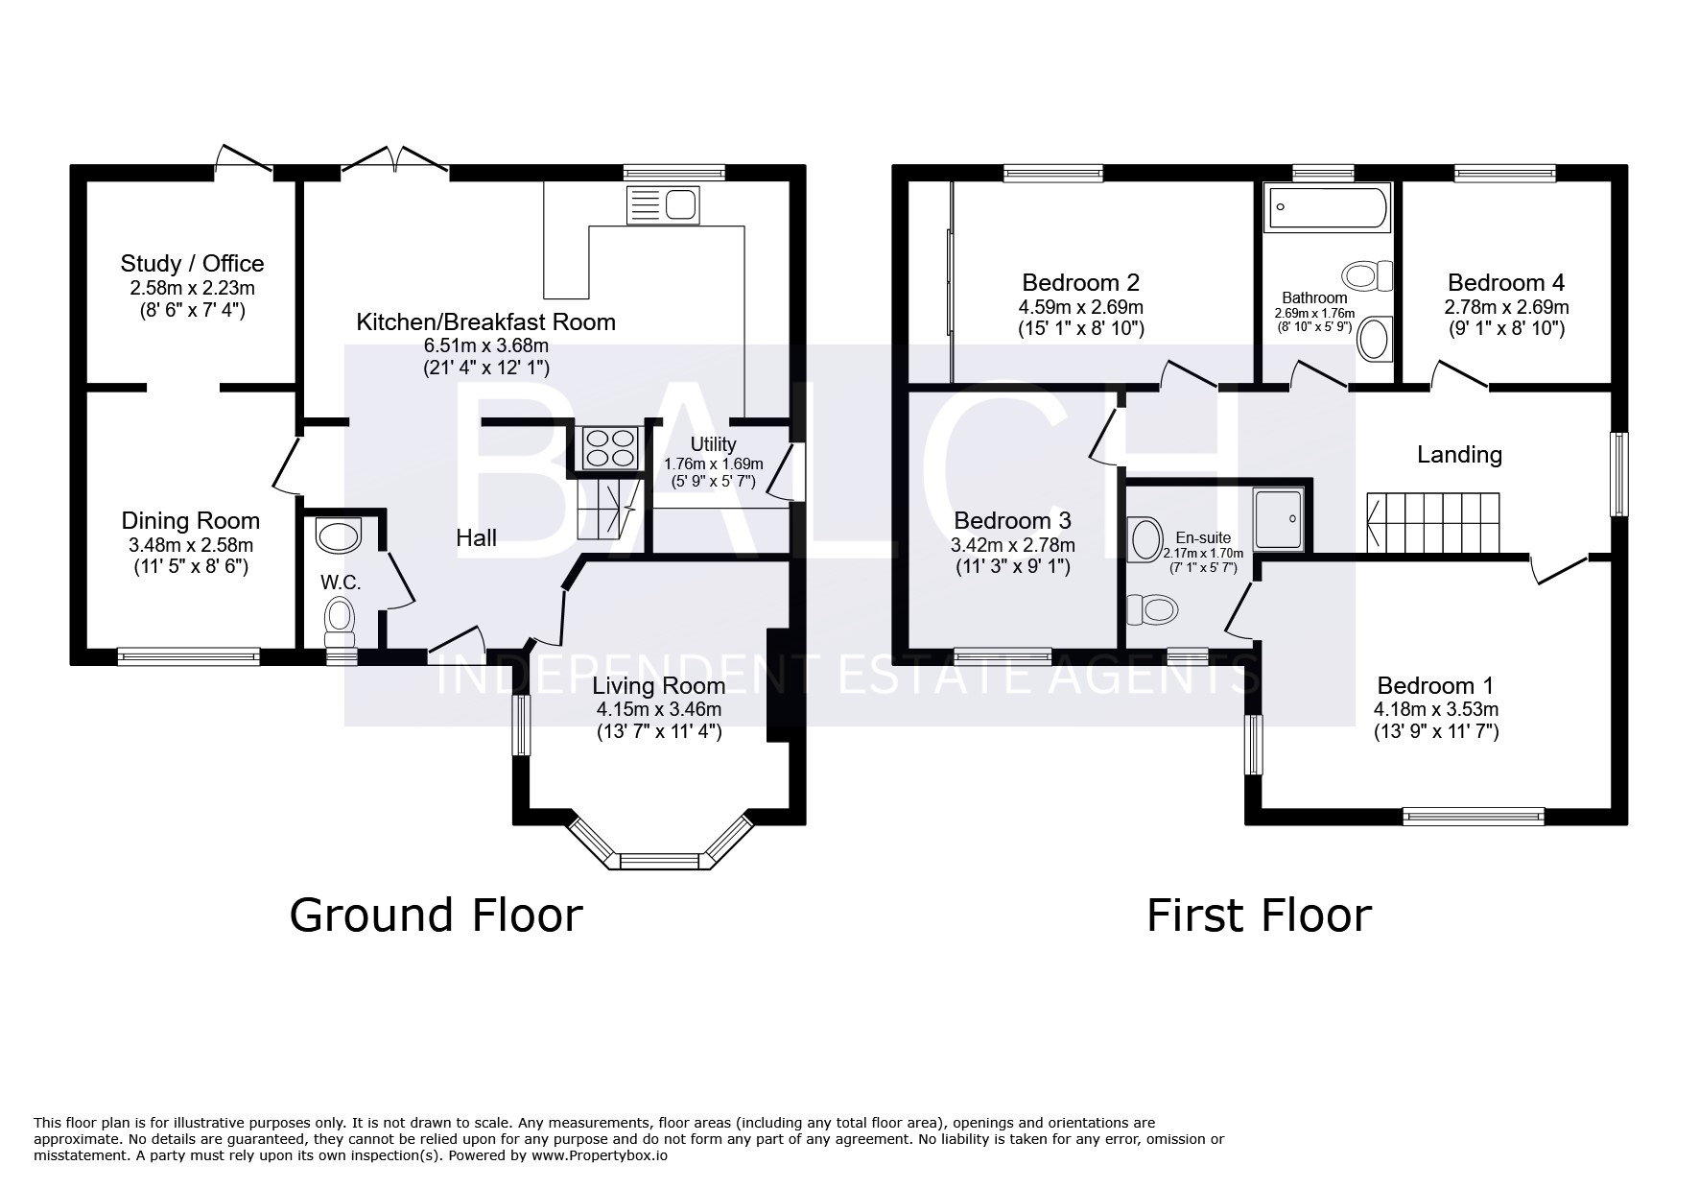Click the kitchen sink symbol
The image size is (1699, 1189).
(662, 204)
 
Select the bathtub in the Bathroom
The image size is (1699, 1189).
(1328, 208)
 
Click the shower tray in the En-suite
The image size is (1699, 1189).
(1279, 518)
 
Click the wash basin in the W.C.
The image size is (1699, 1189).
(338, 533)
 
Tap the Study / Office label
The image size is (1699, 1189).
(192, 263)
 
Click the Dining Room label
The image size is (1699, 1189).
(190, 521)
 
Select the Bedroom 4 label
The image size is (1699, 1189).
(1506, 283)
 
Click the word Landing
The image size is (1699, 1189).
(1459, 454)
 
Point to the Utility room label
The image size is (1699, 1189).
(713, 444)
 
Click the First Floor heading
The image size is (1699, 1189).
(1259, 915)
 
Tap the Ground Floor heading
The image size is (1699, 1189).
(436, 915)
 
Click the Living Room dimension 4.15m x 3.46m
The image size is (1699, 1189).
(658, 710)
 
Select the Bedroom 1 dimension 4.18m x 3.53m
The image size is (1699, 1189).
(1435, 710)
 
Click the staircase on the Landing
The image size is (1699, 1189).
(1432, 523)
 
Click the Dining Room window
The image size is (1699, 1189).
(189, 656)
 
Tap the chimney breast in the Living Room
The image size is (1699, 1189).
(778, 684)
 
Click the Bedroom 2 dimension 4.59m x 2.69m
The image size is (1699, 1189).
(1080, 307)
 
